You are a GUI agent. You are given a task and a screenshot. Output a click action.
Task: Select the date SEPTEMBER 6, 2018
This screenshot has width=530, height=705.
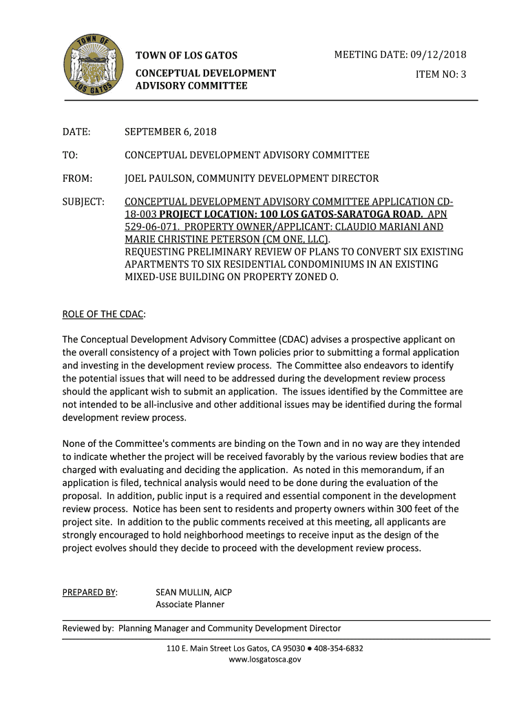coord(170,131)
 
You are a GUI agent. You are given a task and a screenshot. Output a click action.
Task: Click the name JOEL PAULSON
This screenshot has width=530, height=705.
coord(156,178)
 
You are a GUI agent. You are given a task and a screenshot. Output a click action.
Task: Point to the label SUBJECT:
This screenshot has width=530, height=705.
coord(83,202)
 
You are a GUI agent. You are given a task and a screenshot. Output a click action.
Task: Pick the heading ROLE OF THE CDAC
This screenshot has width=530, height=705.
coord(103,314)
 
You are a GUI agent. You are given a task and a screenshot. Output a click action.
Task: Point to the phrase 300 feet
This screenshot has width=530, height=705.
coord(421,509)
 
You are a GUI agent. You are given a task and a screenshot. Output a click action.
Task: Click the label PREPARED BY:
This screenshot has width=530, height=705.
coord(89,592)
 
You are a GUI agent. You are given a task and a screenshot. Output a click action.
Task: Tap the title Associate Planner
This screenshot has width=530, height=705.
coord(190,604)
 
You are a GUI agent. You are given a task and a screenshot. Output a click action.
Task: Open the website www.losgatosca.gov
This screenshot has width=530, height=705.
coord(265,660)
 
